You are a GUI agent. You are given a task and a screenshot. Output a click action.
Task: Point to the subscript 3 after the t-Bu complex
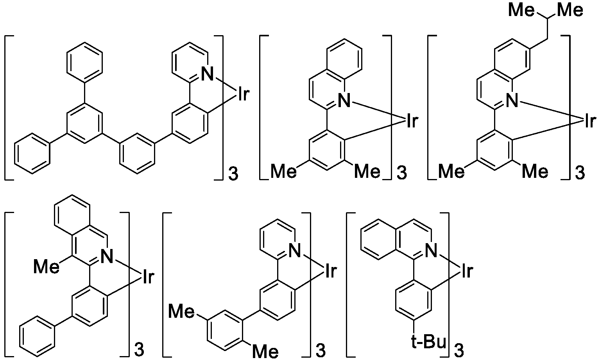(x=459, y=350)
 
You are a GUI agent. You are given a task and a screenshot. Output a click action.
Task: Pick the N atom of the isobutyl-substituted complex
(x=512, y=101)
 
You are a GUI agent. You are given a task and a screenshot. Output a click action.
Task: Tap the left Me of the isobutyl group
(x=521, y=10)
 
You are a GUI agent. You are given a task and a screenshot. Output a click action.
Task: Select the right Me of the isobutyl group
(x=570, y=10)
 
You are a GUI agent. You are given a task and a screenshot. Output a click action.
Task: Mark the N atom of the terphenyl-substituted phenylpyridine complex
(x=208, y=74)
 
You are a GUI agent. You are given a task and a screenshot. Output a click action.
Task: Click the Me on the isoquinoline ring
(x=47, y=267)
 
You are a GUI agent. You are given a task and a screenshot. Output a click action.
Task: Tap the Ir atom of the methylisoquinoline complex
(x=147, y=277)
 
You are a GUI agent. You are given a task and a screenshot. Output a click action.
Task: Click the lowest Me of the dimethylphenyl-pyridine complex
(x=265, y=351)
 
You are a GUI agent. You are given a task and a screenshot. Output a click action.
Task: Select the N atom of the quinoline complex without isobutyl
(x=344, y=101)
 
